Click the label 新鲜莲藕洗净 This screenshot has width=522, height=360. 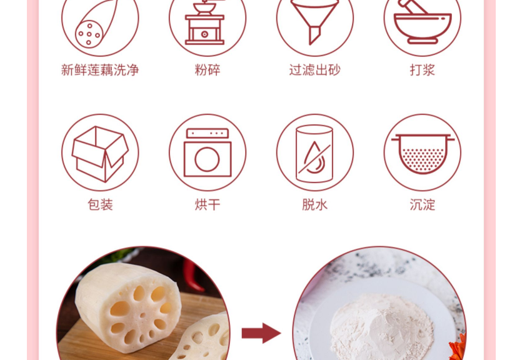click(100, 70)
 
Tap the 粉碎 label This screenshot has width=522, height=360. click(208, 70)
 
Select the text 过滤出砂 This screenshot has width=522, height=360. click(314, 70)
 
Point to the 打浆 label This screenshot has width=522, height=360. click(422, 70)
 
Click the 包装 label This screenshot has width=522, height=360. click(100, 204)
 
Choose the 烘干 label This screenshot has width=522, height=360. click(208, 204)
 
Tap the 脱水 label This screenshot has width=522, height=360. click(314, 204)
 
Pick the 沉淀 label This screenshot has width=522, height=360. click(422, 204)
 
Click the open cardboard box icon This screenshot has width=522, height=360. click(100, 154)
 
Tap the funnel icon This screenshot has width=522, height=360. click(314, 21)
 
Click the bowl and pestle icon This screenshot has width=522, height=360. click(422, 21)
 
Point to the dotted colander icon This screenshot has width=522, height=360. click(423, 154)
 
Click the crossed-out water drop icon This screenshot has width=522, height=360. click(314, 154)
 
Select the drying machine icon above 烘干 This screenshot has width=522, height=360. click(208, 152)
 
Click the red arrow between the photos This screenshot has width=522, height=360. click(261, 332)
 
